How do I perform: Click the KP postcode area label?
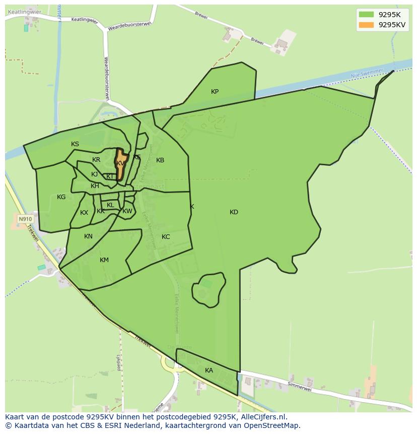click(215, 92)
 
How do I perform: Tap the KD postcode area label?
click(234, 212)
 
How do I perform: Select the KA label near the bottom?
click(209, 370)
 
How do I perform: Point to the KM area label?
click(104, 260)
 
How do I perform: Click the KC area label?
click(166, 237)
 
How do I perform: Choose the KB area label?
click(160, 160)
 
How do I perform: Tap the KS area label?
click(75, 144)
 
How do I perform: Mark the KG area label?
click(61, 197)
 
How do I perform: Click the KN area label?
click(89, 236)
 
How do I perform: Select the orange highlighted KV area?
click(120, 163)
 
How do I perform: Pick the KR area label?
click(96, 160)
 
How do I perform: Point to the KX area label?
click(84, 213)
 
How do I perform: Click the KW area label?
click(127, 211)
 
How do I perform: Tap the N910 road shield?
click(25, 219)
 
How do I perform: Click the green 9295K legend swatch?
click(367, 15)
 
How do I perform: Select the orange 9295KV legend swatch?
click(367, 25)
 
